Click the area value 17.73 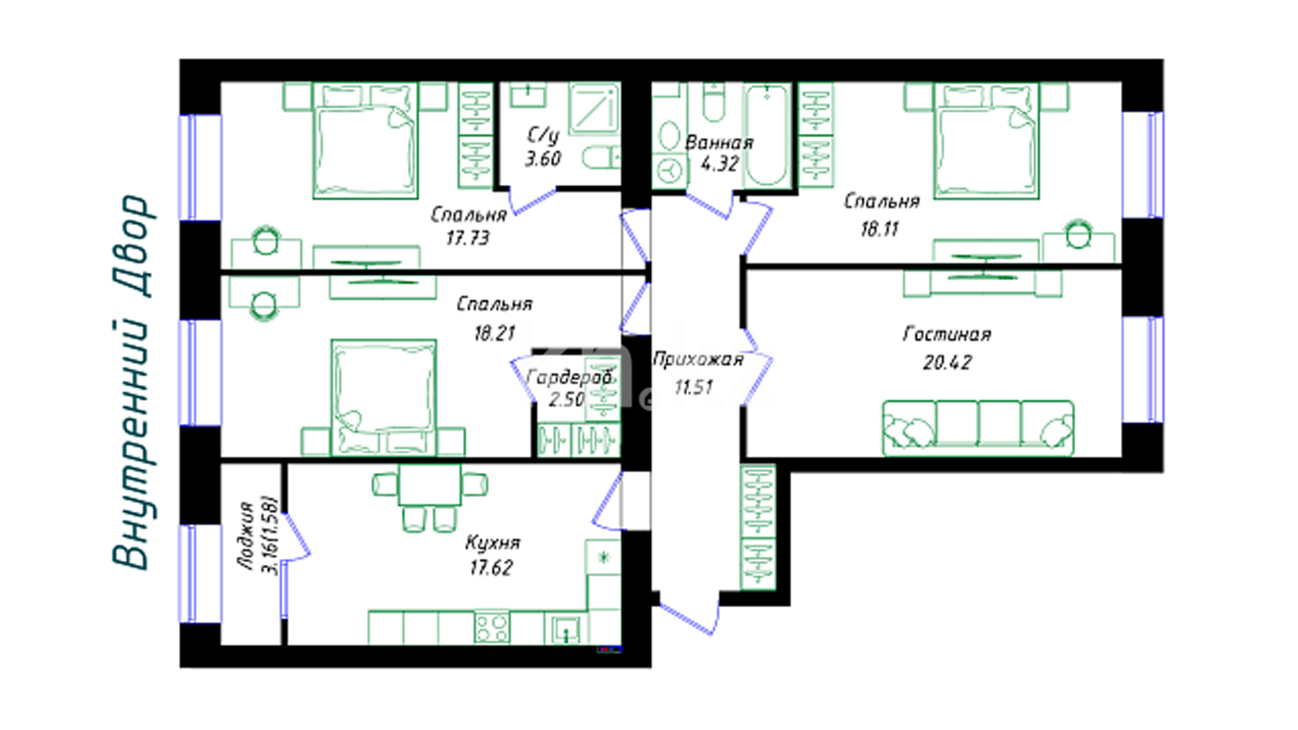[467, 238]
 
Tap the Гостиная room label [946, 334]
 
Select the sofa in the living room [978, 428]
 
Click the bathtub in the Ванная [767, 135]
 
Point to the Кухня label [492, 543]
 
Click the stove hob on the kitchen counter [491, 627]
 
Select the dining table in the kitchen [430, 485]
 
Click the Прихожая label [698, 360]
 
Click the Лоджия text [247, 536]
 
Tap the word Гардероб [569, 378]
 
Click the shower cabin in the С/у [594, 109]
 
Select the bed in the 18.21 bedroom [383, 397]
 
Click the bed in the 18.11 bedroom [986, 141]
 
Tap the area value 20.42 [946, 362]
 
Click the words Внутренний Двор [130, 382]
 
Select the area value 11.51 [694, 387]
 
